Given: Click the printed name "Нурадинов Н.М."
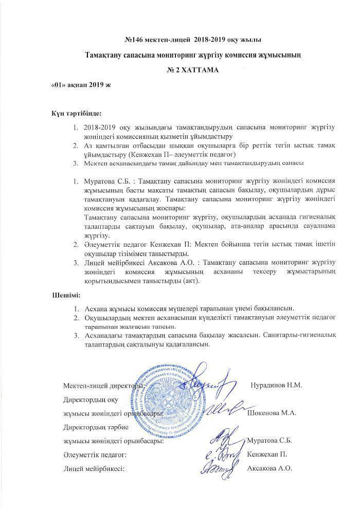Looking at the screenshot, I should coord(276,385).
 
